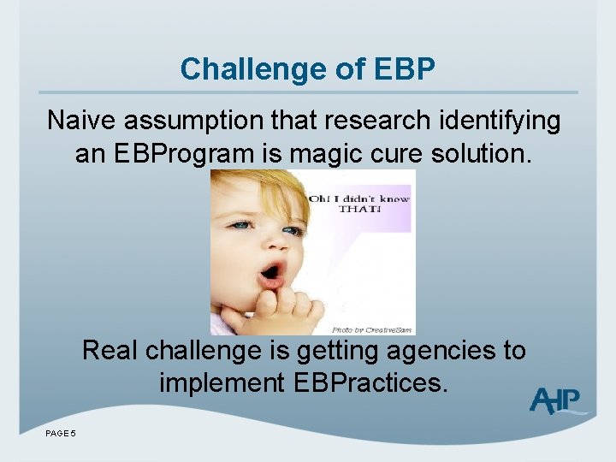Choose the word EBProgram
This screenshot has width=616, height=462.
[x=184, y=153]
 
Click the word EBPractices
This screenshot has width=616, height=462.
[x=367, y=382]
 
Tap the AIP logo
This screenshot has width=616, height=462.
[x=555, y=400]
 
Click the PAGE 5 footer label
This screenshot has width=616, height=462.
[x=61, y=434]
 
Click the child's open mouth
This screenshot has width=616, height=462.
[x=271, y=273]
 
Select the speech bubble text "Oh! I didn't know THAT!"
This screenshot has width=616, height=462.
[x=359, y=204]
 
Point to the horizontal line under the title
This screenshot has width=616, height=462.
[x=308, y=92]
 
